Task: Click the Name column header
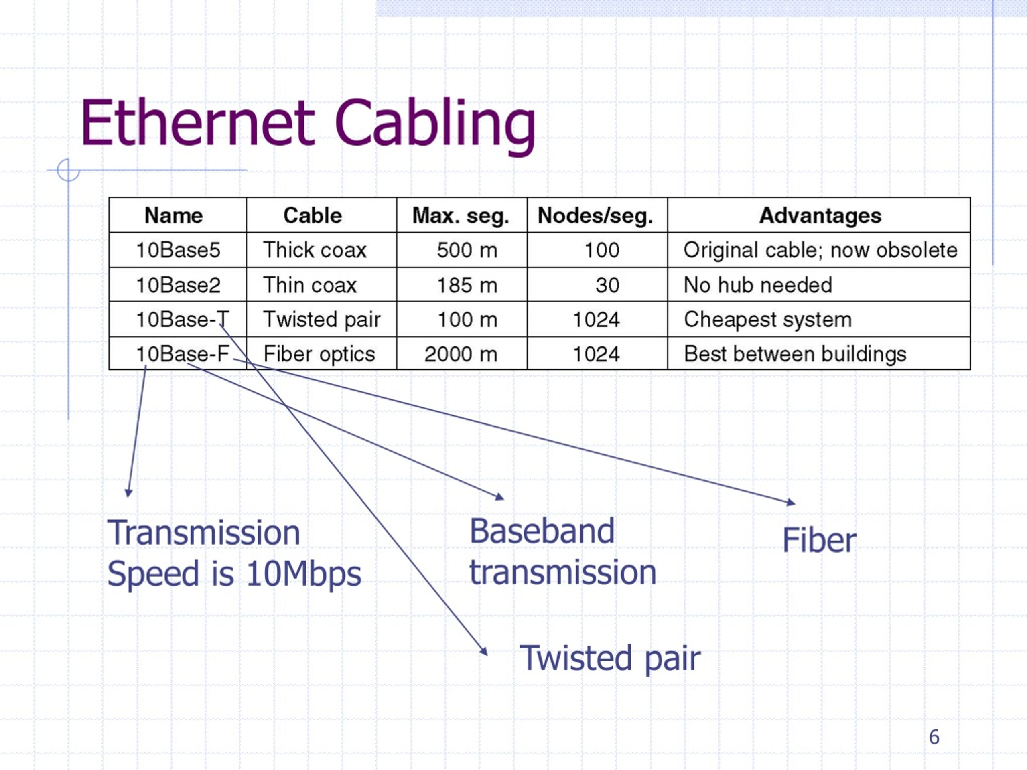[174, 215]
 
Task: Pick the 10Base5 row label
[178, 250]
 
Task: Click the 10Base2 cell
[178, 285]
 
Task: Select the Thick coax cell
[315, 250]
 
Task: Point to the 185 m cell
[467, 285]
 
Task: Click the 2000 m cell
[461, 354]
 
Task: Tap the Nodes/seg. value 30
[607, 285]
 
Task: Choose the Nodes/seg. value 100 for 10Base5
[602, 250]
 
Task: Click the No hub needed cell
[758, 285]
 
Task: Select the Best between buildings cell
[795, 354]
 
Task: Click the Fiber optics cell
[319, 355]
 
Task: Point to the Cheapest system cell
[768, 320]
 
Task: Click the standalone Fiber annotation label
[819, 540]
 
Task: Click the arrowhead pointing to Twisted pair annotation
[484, 651]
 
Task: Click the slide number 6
[934, 737]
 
